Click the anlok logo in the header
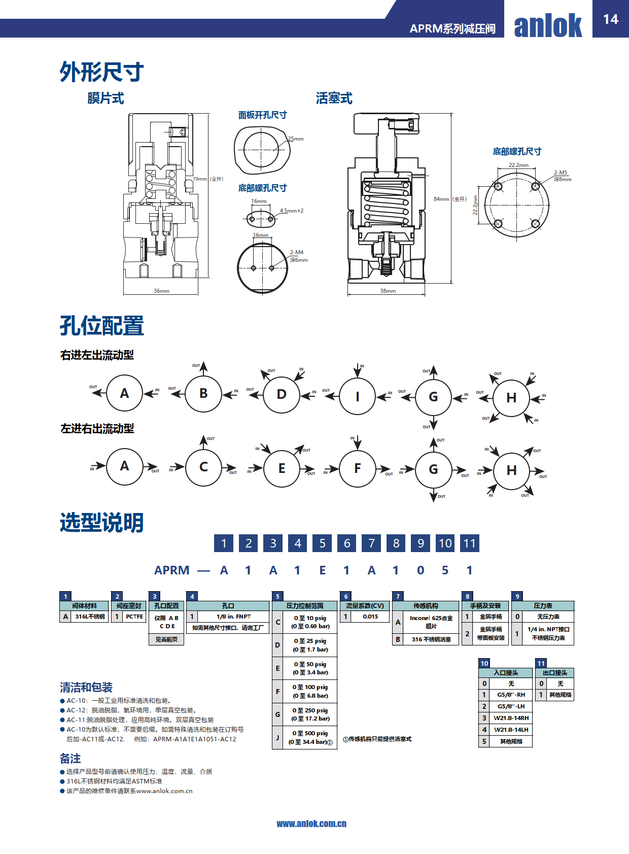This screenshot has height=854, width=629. [548, 25]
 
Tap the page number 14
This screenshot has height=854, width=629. [611, 19]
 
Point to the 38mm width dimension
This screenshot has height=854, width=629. [388, 291]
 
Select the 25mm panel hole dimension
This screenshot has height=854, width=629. [296, 139]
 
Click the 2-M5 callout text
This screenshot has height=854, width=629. [561, 173]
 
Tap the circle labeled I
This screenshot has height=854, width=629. [358, 396]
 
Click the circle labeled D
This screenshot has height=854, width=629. [282, 394]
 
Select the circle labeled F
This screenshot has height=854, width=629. [358, 468]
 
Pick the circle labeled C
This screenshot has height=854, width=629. [204, 467]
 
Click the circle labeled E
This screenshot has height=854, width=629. [282, 468]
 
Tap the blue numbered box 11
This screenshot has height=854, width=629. [470, 543]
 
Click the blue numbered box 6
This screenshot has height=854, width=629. [347, 543]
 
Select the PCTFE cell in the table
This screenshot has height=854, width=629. [134, 617]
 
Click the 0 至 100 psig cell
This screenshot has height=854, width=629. [310, 691]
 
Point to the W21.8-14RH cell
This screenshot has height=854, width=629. [511, 718]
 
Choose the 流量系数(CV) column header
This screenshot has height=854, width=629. [365, 606]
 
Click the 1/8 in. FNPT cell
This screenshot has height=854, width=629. [233, 617]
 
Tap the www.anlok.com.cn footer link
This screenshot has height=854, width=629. [311, 824]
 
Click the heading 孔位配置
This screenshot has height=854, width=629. [102, 325]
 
